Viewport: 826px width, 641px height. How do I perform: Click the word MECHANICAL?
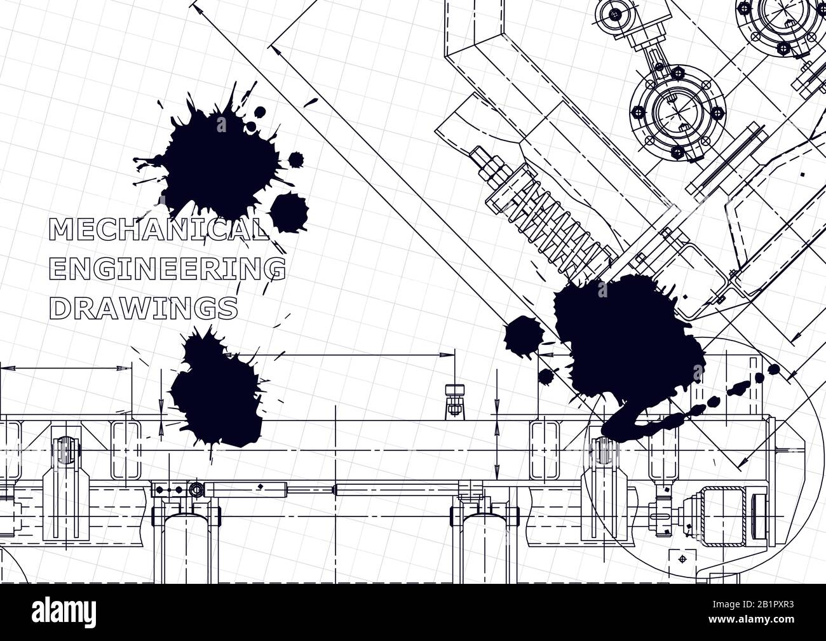pyautogui.click(x=159, y=229)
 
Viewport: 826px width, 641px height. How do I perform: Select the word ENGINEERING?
pyautogui.click(x=167, y=269)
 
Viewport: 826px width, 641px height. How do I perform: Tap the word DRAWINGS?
pyautogui.click(x=144, y=308)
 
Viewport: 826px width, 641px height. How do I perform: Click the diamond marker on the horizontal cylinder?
pyautogui.click(x=259, y=487)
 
